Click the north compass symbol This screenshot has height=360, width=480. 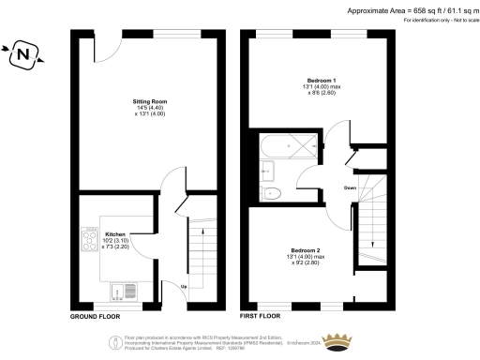[x=22, y=57]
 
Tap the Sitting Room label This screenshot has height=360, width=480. [x=148, y=98]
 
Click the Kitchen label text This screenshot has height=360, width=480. [x=115, y=233]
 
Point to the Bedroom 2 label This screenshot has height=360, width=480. [x=306, y=251]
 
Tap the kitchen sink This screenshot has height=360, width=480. [x=121, y=290]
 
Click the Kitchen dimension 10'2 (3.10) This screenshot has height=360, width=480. [x=115, y=240]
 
